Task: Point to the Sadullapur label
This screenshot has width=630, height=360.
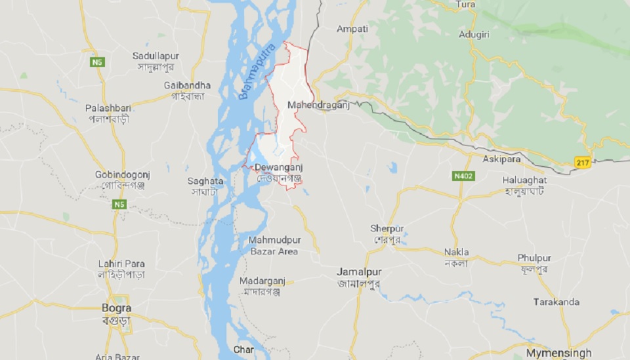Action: [x=156, y=56]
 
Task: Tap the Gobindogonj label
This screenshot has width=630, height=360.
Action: [x=123, y=176]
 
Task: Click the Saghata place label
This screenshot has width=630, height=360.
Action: [x=205, y=181]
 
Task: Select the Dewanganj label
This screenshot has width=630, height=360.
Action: [x=278, y=168]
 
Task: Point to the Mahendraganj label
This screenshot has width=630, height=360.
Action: [x=318, y=105]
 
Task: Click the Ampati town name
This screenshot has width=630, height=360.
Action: [x=352, y=29]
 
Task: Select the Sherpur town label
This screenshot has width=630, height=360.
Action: [x=386, y=228]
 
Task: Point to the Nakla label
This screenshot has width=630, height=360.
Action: [x=456, y=252]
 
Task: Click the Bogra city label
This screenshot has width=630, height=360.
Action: [x=117, y=307]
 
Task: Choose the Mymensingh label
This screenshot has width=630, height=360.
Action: [x=558, y=352]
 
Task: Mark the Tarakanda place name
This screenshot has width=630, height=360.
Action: [x=556, y=302]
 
